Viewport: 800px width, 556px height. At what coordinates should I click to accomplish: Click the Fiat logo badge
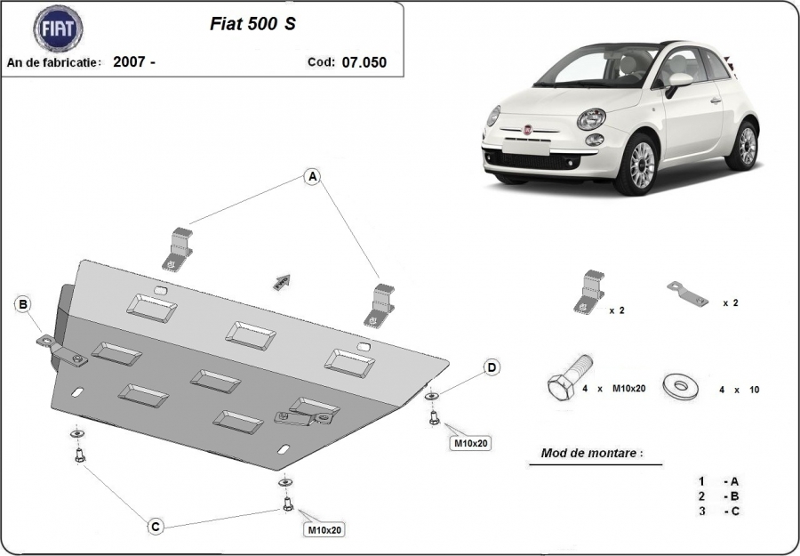coord(58,29)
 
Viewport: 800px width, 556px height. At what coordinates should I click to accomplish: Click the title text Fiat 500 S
coord(252,23)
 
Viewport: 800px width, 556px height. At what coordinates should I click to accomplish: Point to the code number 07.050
coord(364,62)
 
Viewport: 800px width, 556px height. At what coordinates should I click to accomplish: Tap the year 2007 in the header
coord(130,61)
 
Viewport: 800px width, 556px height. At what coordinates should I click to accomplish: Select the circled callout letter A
coord(312,177)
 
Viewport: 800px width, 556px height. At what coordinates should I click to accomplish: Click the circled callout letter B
coord(23,304)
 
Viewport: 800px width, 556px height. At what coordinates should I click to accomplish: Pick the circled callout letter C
coord(156,527)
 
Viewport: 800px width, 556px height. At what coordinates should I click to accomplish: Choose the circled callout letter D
coord(492,367)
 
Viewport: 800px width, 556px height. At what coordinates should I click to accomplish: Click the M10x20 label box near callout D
coord(471,443)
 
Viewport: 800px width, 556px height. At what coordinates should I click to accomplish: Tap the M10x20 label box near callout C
coord(324,530)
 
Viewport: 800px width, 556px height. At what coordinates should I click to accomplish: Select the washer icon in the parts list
coord(680,387)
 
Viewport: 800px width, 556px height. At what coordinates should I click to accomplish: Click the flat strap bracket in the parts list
coord(687,294)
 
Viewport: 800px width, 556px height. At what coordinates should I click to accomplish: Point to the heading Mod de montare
coord(592,453)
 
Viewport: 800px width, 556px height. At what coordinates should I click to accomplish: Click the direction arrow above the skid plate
coord(282,282)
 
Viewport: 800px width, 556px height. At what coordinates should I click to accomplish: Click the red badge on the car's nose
coord(527,129)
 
